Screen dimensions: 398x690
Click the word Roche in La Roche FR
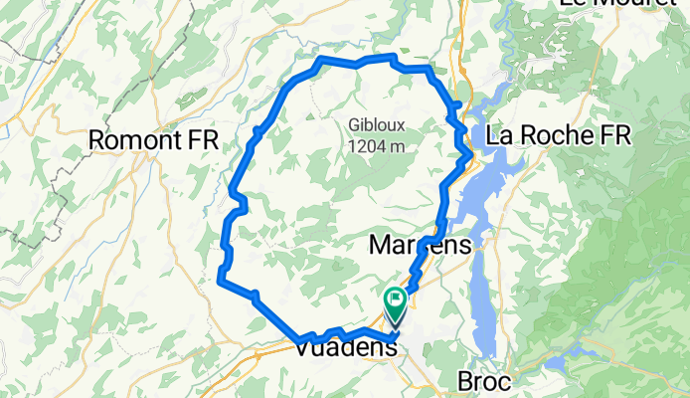558,135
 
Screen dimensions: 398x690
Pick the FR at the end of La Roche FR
614,135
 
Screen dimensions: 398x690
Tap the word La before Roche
502,135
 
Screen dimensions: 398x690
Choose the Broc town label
483,381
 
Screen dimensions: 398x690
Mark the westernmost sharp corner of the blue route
220,281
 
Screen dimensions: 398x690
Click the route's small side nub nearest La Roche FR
458,104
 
